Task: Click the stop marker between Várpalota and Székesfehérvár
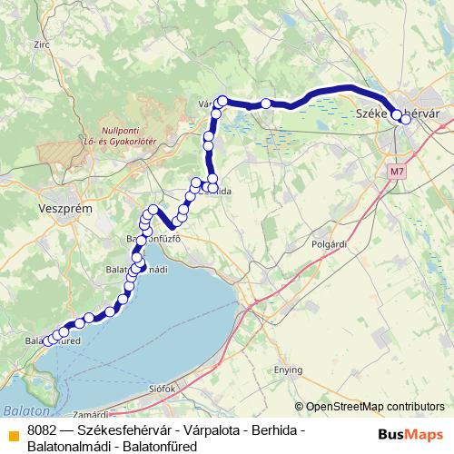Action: pyautogui.click(x=265, y=104)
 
